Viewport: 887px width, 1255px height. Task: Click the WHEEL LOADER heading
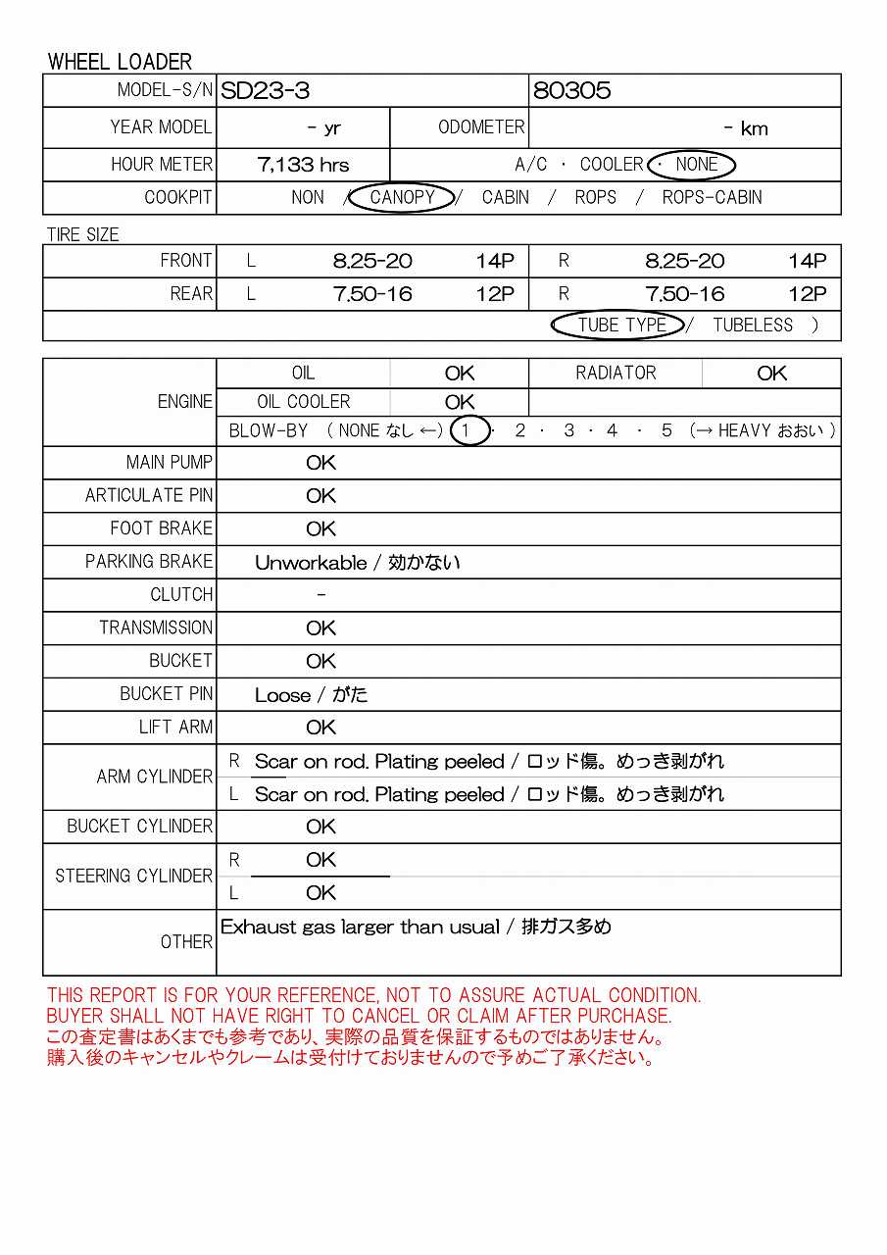pyautogui.click(x=120, y=62)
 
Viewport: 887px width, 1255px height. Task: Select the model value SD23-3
pyautogui.click(x=265, y=91)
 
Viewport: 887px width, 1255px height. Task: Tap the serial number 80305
pyautogui.click(x=571, y=91)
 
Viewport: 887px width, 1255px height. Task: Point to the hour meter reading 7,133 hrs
pyautogui.click(x=303, y=165)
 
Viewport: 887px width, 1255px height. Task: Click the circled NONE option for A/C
pyautogui.click(x=696, y=165)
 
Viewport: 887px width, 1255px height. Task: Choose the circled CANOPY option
pyautogui.click(x=402, y=197)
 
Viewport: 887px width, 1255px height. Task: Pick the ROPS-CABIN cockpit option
pyautogui.click(x=712, y=197)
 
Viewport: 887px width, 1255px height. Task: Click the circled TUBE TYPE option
pyautogui.click(x=621, y=326)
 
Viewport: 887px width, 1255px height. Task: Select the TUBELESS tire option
pyautogui.click(x=753, y=326)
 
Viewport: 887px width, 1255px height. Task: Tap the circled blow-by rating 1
pyautogui.click(x=468, y=430)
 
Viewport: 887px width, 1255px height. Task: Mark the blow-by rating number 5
pyautogui.click(x=666, y=430)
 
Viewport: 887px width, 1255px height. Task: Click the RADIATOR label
pyautogui.click(x=616, y=373)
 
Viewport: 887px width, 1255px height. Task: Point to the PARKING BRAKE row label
pyautogui.click(x=148, y=562)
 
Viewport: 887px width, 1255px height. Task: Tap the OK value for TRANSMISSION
pyautogui.click(x=320, y=628)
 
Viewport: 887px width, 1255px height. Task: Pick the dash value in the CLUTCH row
pyautogui.click(x=320, y=595)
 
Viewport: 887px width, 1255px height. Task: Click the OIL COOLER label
pyautogui.click(x=303, y=402)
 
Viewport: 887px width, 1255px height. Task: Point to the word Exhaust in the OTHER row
pyautogui.click(x=257, y=927)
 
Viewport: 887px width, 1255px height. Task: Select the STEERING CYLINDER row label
pyautogui.click(x=133, y=877)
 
